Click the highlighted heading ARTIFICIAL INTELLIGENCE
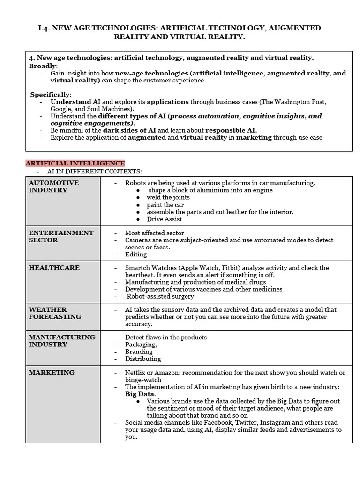tap(75, 163)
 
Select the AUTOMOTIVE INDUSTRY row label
tap(53, 187)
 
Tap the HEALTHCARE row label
tap(54, 268)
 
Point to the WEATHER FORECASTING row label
tap(54, 313)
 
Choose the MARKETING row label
tap(52, 372)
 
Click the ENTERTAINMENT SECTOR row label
tap(61, 236)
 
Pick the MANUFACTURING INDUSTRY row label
tap(61, 341)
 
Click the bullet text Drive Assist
tap(164, 219)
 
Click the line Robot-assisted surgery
tap(160, 296)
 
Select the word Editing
tap(135, 254)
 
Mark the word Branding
tap(138, 352)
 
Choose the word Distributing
tap(142, 359)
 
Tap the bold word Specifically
tap(51, 94)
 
